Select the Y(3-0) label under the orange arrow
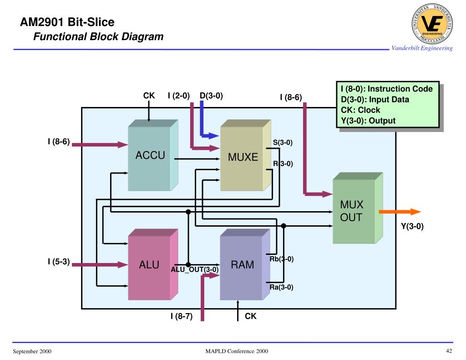pyautogui.click(x=412, y=226)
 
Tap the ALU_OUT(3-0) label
pyautogui.click(x=195, y=269)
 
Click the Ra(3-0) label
pyautogui.click(x=281, y=287)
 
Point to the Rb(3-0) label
pyautogui.click(x=281, y=259)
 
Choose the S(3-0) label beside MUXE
pyautogui.click(x=283, y=143)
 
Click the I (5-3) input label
pyautogui.click(x=59, y=262)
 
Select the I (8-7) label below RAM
pyautogui.click(x=182, y=316)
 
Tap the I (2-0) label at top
pyautogui.click(x=178, y=96)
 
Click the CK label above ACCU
pyautogui.click(x=149, y=96)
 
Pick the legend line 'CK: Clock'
pyautogui.click(x=360, y=110)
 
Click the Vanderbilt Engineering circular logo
pyautogui.click(x=432, y=25)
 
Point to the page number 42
pyautogui.click(x=449, y=351)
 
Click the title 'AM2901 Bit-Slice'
pyautogui.click(x=67, y=22)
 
